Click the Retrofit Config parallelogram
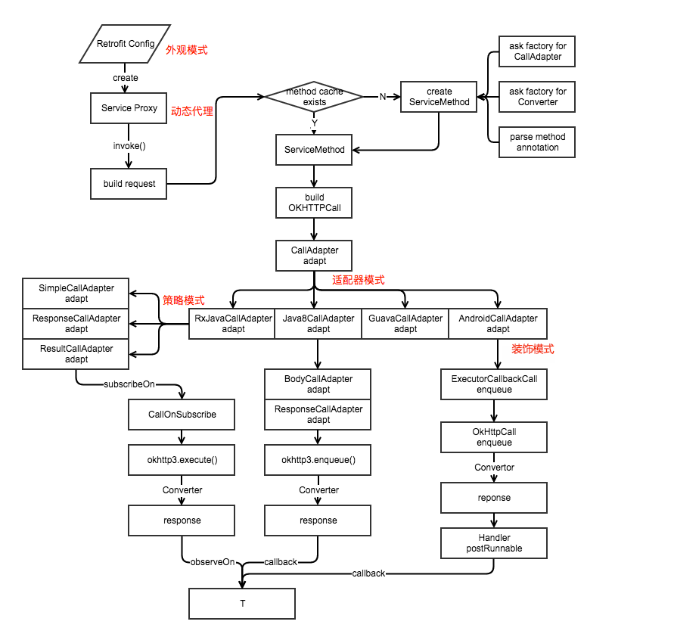pyautogui.click(x=126, y=44)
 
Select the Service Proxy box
pyautogui.click(x=129, y=108)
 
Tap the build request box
pyautogui.click(x=129, y=184)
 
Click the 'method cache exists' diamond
pyautogui.click(x=314, y=97)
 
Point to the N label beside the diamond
pyautogui.click(x=383, y=97)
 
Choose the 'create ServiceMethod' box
pyautogui.click(x=438, y=97)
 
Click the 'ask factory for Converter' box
pyautogui.click(x=537, y=97)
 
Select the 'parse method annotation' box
pyautogui.click(x=537, y=142)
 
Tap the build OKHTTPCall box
pyautogui.click(x=314, y=203)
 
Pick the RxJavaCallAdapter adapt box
pyautogui.click(x=232, y=324)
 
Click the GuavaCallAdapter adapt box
pyautogui.click(x=405, y=324)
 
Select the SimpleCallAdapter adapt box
pyautogui.click(x=76, y=294)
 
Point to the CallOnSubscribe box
pyautogui.click(x=182, y=415)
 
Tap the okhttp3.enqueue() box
pyautogui.click(x=318, y=460)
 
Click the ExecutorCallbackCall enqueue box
pyautogui.click(x=494, y=384)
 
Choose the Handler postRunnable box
pyautogui.click(x=494, y=543)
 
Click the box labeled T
pyautogui.click(x=242, y=604)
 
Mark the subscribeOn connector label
pyautogui.click(x=129, y=384)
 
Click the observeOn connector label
pyautogui.click(x=212, y=562)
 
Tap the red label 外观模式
pyautogui.click(x=186, y=50)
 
